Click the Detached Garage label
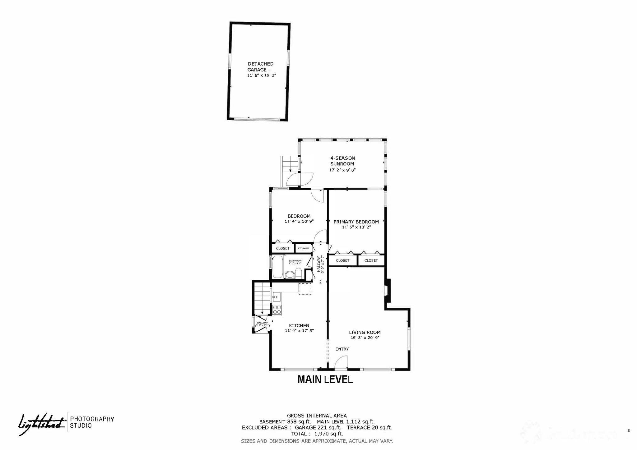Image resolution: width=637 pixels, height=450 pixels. click(x=260, y=67)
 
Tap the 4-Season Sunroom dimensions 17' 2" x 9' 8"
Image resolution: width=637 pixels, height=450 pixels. click(x=342, y=170)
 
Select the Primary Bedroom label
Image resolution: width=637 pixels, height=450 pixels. click(x=356, y=222)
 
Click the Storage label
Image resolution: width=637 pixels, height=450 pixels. click(x=303, y=248)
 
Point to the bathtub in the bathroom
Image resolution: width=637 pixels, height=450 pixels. click(x=277, y=267)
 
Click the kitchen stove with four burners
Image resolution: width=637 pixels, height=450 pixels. click(x=277, y=310)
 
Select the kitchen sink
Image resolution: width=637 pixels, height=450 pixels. click(x=277, y=297)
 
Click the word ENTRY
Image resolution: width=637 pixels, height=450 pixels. click(x=342, y=349)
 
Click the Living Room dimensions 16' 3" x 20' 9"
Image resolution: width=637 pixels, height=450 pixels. click(x=365, y=337)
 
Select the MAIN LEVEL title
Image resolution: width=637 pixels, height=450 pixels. click(x=325, y=379)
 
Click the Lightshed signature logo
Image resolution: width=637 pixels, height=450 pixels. click(x=41, y=423)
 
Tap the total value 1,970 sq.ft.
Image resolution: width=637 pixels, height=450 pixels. click(x=328, y=434)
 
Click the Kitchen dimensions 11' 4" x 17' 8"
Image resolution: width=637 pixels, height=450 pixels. click(x=299, y=331)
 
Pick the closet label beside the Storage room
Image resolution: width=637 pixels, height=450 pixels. click(x=283, y=248)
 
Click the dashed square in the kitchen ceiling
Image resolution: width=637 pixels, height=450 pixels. click(x=305, y=289)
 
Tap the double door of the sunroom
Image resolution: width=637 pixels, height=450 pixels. click(x=300, y=180)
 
